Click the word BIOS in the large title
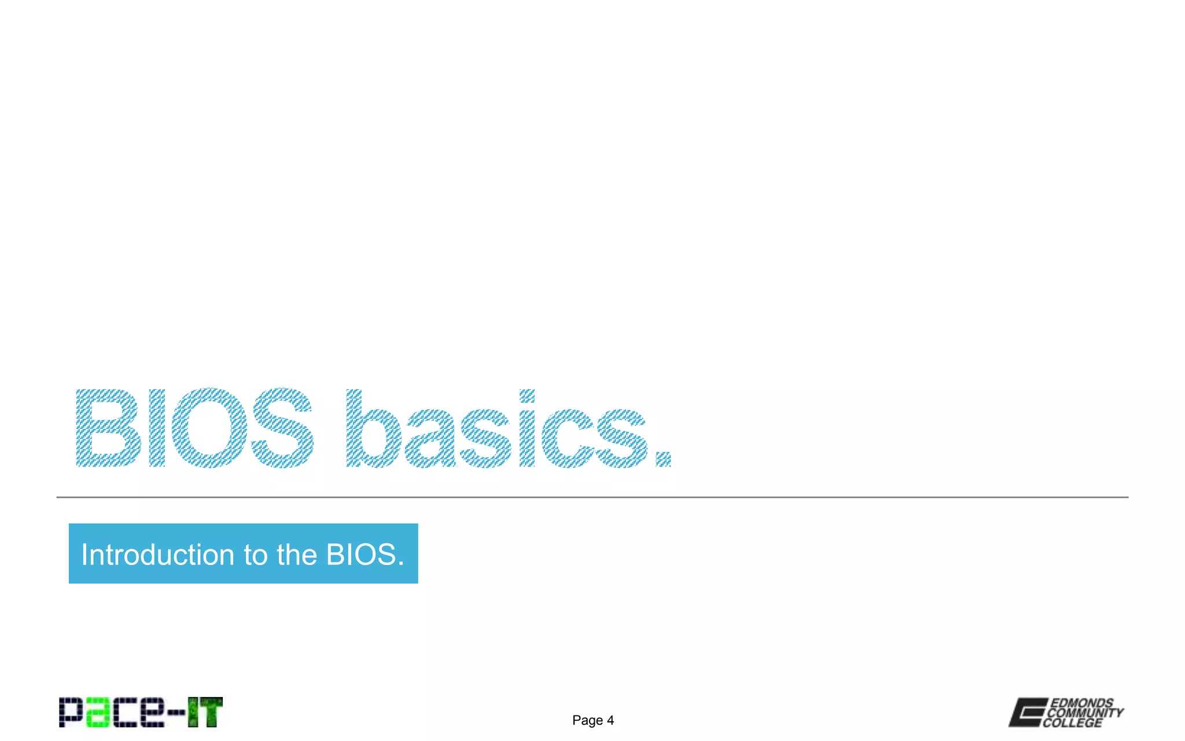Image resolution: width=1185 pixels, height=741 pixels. click(x=195, y=428)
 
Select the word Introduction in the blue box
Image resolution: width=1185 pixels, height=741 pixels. click(x=158, y=555)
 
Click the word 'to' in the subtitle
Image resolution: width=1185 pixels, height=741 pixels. click(x=256, y=555)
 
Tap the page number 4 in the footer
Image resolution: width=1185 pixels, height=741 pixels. click(x=610, y=720)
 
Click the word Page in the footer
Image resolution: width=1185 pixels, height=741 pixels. click(x=587, y=720)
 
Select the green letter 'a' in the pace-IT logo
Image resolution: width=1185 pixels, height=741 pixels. click(x=98, y=713)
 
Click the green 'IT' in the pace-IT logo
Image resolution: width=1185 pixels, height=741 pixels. click(x=205, y=712)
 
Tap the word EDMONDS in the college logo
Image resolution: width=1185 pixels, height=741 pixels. click(x=1081, y=703)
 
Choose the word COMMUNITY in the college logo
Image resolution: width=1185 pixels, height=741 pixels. click(x=1085, y=713)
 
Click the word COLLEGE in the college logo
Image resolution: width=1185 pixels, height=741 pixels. click(x=1073, y=722)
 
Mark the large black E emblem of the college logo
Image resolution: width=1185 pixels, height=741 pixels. click(x=1028, y=712)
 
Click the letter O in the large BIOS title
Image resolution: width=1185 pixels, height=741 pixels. click(x=209, y=428)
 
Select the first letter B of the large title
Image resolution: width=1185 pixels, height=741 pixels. click(x=108, y=428)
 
